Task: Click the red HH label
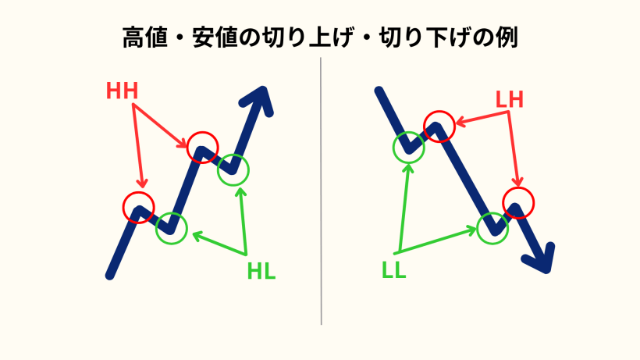(123, 91)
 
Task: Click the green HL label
(261, 273)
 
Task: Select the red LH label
(509, 99)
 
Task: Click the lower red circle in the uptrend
(139, 206)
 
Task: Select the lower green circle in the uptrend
(172, 227)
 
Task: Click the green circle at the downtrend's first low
(408, 145)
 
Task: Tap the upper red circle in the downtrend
(438, 125)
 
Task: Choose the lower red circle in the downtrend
(518, 203)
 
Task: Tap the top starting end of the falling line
(379, 92)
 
